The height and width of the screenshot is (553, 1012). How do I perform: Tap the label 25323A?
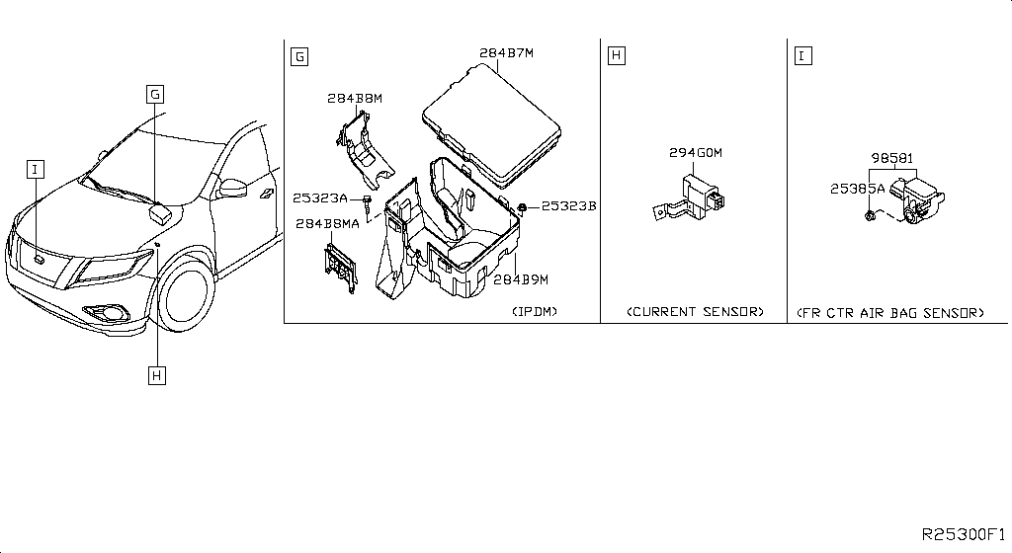320,198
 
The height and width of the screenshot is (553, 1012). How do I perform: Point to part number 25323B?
568,206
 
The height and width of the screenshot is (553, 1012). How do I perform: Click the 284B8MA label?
326,223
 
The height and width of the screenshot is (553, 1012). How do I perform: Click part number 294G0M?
696,153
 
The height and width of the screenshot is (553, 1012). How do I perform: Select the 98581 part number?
891,157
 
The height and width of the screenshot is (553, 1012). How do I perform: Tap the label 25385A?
857,189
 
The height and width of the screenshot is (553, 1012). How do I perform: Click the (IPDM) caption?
534,312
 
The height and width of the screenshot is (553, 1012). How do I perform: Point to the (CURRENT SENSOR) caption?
695,312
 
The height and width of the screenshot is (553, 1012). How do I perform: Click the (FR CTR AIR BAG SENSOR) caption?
889,312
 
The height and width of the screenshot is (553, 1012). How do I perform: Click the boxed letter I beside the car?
35,170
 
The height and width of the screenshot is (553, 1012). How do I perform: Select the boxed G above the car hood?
155,94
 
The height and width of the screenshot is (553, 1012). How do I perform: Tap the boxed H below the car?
155,374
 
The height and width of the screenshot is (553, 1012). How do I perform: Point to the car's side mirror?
232,188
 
